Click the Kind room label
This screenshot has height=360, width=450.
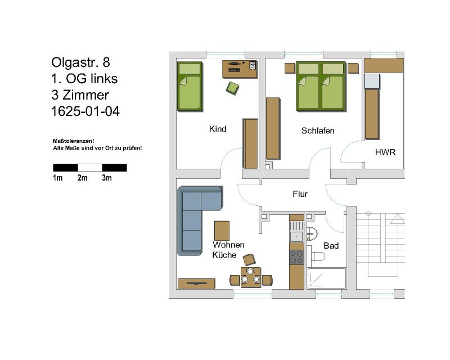218,129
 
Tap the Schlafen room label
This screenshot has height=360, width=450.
318,130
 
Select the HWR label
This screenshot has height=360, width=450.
385,152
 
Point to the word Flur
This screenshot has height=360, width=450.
300,194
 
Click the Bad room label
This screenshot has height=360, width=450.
331,246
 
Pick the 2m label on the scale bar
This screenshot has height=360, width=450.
82,178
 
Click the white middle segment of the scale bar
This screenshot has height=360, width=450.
90,168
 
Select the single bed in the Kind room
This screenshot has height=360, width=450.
190,87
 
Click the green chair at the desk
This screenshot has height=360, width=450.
232,88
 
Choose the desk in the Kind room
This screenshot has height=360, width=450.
240,69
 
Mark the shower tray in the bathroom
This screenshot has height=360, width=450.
327,278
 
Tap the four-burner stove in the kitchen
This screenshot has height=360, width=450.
296,257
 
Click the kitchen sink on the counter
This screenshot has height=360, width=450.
296,232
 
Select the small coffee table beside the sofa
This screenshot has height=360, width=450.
222,231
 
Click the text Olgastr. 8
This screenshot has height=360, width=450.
80,62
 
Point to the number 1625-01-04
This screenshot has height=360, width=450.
85,111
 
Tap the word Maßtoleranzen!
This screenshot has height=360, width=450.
74,141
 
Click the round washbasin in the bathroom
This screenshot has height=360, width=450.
312,233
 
